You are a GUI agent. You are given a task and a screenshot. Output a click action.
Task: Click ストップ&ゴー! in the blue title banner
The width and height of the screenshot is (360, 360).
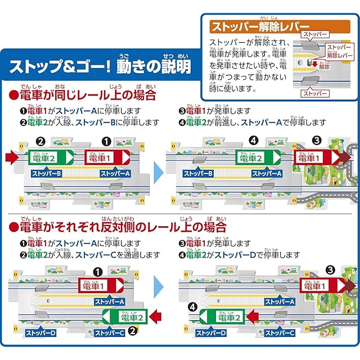pyautogui.click(x=60, y=67)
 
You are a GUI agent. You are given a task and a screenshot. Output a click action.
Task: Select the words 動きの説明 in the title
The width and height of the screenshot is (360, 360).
pyautogui.click(x=154, y=67)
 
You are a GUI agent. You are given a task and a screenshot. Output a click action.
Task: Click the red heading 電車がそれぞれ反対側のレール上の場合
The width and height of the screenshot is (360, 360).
pyautogui.click(x=118, y=227)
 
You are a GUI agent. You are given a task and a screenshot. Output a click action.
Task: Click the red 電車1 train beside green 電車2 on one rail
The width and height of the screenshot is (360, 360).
pyautogui.click(x=107, y=157)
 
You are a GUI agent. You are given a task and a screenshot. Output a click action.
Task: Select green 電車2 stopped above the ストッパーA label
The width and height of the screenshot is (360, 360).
pyautogui.click(x=258, y=158)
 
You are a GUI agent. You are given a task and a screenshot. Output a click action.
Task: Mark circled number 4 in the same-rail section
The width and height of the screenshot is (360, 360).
pyautogui.click(x=254, y=141)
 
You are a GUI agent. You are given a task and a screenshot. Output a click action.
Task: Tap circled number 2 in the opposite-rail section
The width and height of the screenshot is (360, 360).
pyautogui.click(x=133, y=331)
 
